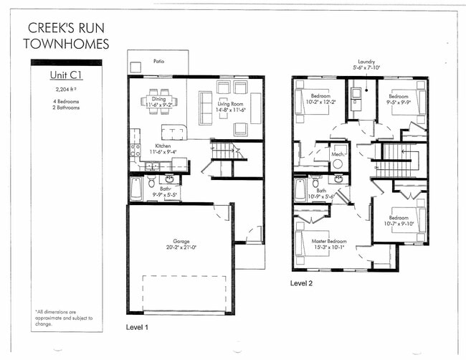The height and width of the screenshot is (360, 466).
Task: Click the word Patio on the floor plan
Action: pos(158,61)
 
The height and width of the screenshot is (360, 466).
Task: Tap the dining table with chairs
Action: pos(158,100)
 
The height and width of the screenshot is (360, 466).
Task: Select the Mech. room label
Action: pos(337,153)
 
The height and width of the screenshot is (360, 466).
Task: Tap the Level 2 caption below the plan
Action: pos(302,283)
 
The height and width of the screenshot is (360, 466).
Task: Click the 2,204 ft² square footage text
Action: pos(65,90)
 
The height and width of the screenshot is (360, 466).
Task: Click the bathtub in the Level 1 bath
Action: pos(137,189)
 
